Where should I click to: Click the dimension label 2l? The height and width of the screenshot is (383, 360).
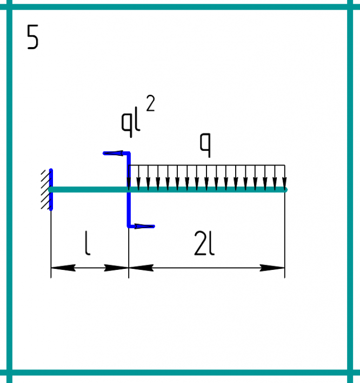click(204, 246)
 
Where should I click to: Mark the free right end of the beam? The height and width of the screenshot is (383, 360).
click(285, 189)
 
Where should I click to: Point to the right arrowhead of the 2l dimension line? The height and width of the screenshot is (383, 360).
click(274, 267)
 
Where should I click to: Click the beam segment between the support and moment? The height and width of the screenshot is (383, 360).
click(89, 189)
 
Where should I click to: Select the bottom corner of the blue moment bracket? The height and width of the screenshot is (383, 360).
click(129, 226)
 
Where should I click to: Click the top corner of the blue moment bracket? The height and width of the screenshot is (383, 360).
click(129, 154)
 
